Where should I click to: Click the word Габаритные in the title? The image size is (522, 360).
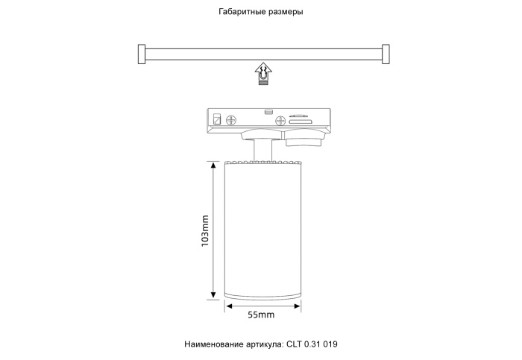(241, 12)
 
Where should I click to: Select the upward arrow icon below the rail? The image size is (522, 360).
(263, 72)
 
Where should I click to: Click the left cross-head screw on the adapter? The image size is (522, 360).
(232, 119)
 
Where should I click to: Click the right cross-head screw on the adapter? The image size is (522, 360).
(280, 120)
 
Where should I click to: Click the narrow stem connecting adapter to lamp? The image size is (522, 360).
(262, 149)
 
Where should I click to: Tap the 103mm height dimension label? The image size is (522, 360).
(205, 232)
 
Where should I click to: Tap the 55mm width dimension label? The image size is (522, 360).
(261, 315)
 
